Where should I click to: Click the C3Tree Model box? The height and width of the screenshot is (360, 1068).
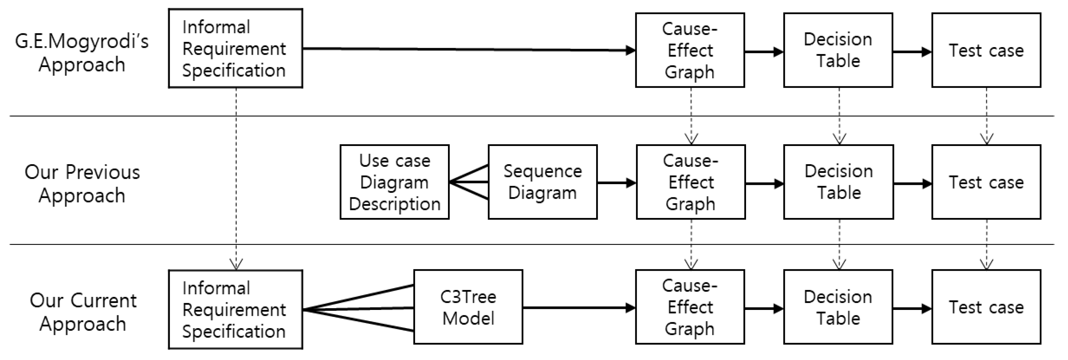[x=468, y=307]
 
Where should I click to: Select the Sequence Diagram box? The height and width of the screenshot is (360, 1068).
[x=542, y=182]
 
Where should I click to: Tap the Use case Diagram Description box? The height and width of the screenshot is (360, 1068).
[x=394, y=182]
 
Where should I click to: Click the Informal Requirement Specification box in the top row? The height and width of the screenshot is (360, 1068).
[x=235, y=48]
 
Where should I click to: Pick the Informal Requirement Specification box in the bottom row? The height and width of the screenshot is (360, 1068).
[x=235, y=309]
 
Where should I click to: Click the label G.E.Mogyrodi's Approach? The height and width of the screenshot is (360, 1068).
[x=82, y=53]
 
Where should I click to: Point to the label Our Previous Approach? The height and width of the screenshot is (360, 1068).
[x=82, y=183]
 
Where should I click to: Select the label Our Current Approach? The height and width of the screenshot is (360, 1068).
[x=83, y=312]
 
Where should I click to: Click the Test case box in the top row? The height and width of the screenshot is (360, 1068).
[x=986, y=50]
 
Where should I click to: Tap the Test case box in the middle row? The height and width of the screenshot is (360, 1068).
[x=986, y=182]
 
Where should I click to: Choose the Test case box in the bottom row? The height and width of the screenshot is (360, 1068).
[x=986, y=307]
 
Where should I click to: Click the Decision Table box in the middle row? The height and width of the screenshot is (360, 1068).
[x=838, y=182]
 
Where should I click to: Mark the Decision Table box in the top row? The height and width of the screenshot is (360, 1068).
[x=838, y=50]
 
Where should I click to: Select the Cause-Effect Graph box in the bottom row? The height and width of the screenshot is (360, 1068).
[x=690, y=307]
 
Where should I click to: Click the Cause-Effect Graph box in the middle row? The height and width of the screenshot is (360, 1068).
[x=691, y=182]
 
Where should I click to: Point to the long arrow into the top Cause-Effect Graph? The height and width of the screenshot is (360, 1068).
[x=469, y=49]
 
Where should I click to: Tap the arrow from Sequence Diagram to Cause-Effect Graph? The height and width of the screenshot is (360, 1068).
[x=616, y=182]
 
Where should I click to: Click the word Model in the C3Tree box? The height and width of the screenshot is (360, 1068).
[x=468, y=319]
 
